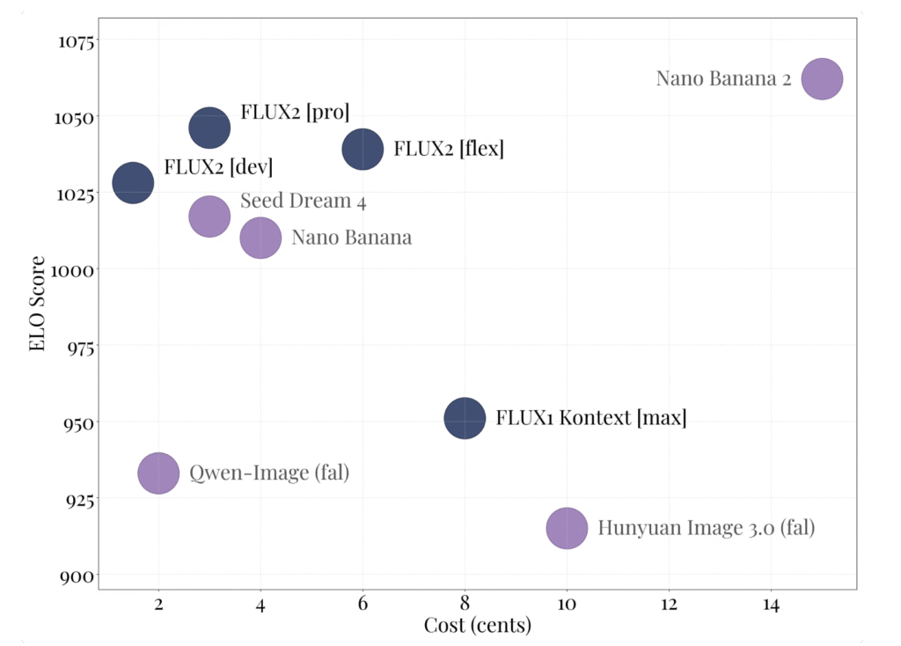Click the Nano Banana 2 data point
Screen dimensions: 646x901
pyautogui.click(x=822, y=79)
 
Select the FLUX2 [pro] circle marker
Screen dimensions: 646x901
pyautogui.click(x=209, y=128)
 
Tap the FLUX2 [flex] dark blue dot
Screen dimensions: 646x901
pyautogui.click(x=363, y=149)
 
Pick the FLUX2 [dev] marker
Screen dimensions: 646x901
pyautogui.click(x=133, y=183)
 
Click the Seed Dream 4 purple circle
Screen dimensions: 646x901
pyautogui.click(x=209, y=217)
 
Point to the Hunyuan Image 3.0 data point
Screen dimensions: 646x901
pyautogui.click(x=567, y=528)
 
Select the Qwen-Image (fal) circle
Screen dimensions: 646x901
pyautogui.click(x=158, y=473)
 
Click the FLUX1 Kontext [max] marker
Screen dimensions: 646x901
pyautogui.click(x=465, y=418)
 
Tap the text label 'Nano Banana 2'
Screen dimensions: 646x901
pyautogui.click(x=723, y=78)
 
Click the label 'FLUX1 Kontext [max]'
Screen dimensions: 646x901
pyautogui.click(x=590, y=417)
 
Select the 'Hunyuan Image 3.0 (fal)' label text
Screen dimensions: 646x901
pyautogui.click(x=706, y=528)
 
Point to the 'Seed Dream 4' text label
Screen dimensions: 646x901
pyautogui.click(x=303, y=201)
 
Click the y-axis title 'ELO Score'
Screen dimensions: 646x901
pyautogui.click(x=37, y=304)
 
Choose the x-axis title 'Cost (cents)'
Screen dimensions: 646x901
pyautogui.click(x=478, y=626)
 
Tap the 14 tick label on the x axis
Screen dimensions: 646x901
pyautogui.click(x=771, y=605)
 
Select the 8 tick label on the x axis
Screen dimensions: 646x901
pyautogui.click(x=465, y=605)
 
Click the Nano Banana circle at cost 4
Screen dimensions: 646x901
pyautogui.click(x=260, y=238)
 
